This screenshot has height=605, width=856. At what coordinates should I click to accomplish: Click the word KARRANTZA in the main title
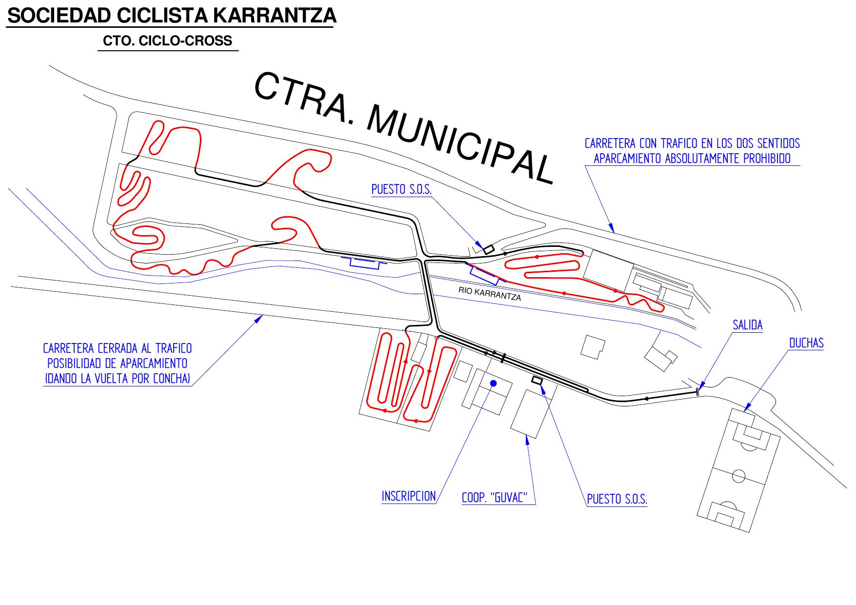[x=275, y=16]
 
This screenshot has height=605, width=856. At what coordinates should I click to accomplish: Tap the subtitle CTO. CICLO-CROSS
[x=168, y=41]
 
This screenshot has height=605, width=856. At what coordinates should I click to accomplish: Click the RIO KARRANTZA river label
[x=490, y=293]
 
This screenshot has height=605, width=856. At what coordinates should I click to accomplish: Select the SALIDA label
[x=748, y=325]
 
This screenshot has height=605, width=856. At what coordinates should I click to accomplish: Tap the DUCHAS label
[x=806, y=343]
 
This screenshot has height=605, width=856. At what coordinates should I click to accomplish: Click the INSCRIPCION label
[x=409, y=496]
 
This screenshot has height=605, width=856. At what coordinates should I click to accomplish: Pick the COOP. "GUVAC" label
[x=495, y=498]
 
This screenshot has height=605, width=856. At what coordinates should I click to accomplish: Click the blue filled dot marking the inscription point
[x=493, y=383]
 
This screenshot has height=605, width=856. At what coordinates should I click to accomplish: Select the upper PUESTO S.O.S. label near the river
[x=401, y=189]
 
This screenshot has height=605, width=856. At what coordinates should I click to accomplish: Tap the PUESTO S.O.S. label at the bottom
[x=617, y=499]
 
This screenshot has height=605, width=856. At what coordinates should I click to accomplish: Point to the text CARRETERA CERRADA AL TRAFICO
[x=118, y=349]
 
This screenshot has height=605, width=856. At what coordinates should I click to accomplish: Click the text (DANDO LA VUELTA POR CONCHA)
[x=118, y=378]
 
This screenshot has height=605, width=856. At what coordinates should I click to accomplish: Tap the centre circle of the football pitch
[x=739, y=475]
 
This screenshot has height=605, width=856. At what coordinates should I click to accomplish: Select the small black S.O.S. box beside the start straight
[x=537, y=381]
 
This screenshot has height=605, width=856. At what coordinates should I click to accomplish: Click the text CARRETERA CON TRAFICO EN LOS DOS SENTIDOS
[x=692, y=143]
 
